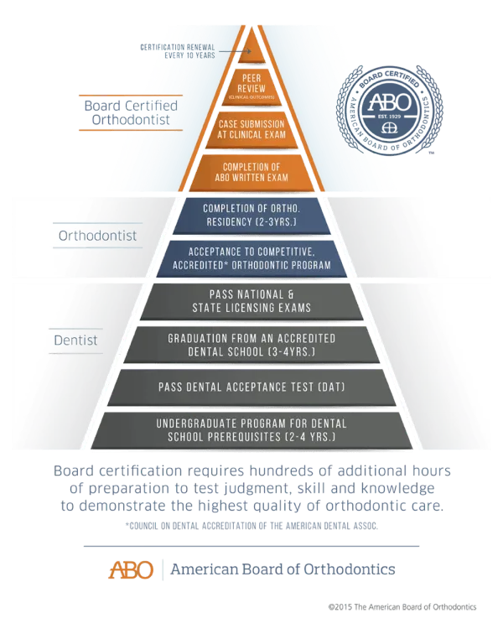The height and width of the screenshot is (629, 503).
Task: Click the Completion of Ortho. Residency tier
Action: (x=251, y=214)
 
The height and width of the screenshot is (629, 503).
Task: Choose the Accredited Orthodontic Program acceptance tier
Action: (x=251, y=258)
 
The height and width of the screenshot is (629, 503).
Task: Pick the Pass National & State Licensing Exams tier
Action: (x=251, y=300)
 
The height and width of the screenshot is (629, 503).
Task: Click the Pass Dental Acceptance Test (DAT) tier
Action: (x=251, y=387)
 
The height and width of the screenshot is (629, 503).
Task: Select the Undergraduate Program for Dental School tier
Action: (x=251, y=430)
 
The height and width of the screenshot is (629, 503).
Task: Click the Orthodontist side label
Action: (x=97, y=236)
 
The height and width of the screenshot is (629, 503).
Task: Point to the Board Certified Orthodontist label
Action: (x=126, y=113)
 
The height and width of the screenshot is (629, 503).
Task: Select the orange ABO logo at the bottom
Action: (x=131, y=570)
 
